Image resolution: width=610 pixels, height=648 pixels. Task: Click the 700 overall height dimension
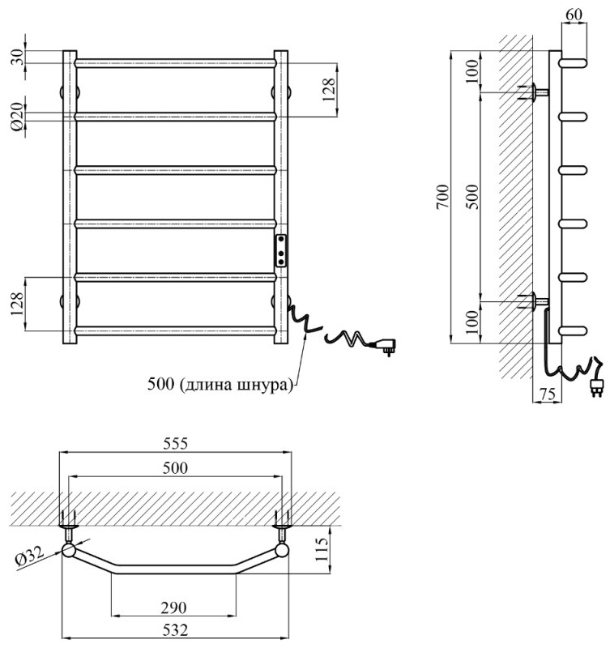click(x=441, y=197)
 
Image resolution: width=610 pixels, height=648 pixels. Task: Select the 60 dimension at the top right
click(x=574, y=14)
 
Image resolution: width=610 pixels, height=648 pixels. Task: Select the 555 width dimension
click(x=175, y=444)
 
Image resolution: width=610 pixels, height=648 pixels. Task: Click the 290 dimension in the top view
click(x=174, y=607)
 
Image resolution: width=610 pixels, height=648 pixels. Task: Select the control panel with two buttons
click(x=281, y=250)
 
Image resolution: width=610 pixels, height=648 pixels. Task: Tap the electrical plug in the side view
click(x=598, y=387)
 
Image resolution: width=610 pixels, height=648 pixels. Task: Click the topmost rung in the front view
click(x=176, y=62)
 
